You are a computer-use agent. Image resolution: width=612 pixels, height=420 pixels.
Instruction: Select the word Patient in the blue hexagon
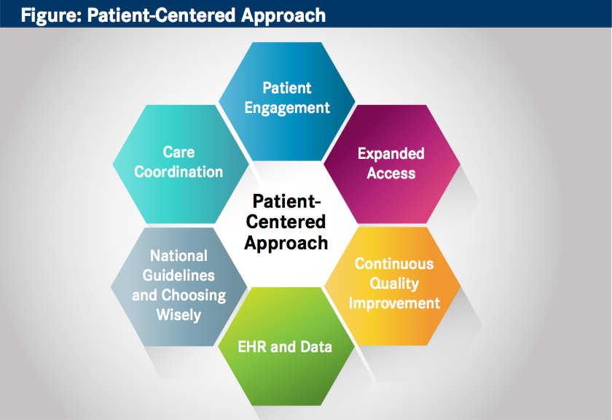tap(286, 88)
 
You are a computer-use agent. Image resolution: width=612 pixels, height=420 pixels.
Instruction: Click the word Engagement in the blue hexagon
tap(286, 108)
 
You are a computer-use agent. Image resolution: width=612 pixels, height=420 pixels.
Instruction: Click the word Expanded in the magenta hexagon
tap(391, 154)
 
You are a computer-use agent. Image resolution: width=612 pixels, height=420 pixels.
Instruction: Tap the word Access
tap(391, 174)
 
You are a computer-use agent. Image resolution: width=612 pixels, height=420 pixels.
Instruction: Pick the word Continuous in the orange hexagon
tap(393, 263)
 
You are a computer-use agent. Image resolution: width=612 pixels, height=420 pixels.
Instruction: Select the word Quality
tap(393, 283)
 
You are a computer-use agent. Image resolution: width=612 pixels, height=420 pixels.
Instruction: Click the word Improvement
tap(393, 303)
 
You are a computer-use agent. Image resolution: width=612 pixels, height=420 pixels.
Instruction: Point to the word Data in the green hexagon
tap(315, 347)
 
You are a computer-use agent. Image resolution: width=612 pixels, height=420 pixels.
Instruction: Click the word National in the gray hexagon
tap(178, 256)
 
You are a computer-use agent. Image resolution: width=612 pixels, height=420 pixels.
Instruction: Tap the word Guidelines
tap(178, 276)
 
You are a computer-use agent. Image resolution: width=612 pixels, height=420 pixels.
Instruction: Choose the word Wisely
tap(178, 316)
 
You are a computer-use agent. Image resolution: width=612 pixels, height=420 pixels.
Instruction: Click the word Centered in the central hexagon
tap(286, 222)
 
